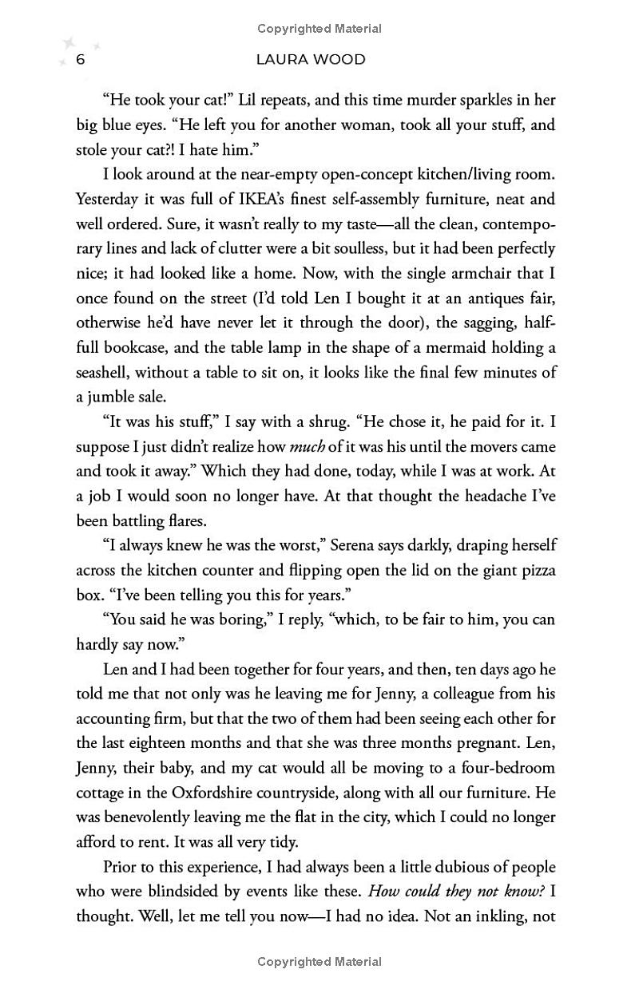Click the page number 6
[x=80, y=60]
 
